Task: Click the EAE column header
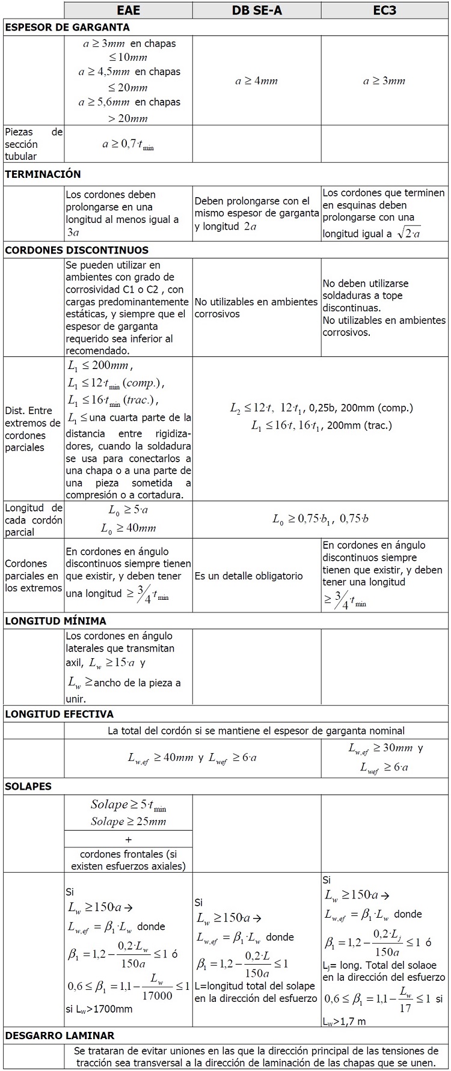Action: click(128, 10)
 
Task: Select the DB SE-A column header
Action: click(257, 10)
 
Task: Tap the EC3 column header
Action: click(384, 10)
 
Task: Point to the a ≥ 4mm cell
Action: click(257, 81)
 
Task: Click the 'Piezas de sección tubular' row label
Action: click(34, 144)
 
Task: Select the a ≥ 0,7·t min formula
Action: click(128, 144)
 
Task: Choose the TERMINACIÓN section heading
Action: click(43, 174)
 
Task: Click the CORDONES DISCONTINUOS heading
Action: click(76, 250)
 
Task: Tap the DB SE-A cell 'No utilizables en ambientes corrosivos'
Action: click(256, 308)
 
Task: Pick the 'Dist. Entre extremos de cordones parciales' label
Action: click(33, 429)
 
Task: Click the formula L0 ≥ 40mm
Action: click(128, 528)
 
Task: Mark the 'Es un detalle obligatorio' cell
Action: click(249, 576)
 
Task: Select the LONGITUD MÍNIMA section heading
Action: click(55, 621)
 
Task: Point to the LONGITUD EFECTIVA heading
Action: click(59, 714)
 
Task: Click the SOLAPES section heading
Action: click(28, 786)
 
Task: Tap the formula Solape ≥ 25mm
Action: click(128, 822)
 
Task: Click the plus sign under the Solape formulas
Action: click(128, 839)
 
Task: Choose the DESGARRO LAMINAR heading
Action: click(60, 1036)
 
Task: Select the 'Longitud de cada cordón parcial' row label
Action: click(34, 520)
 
